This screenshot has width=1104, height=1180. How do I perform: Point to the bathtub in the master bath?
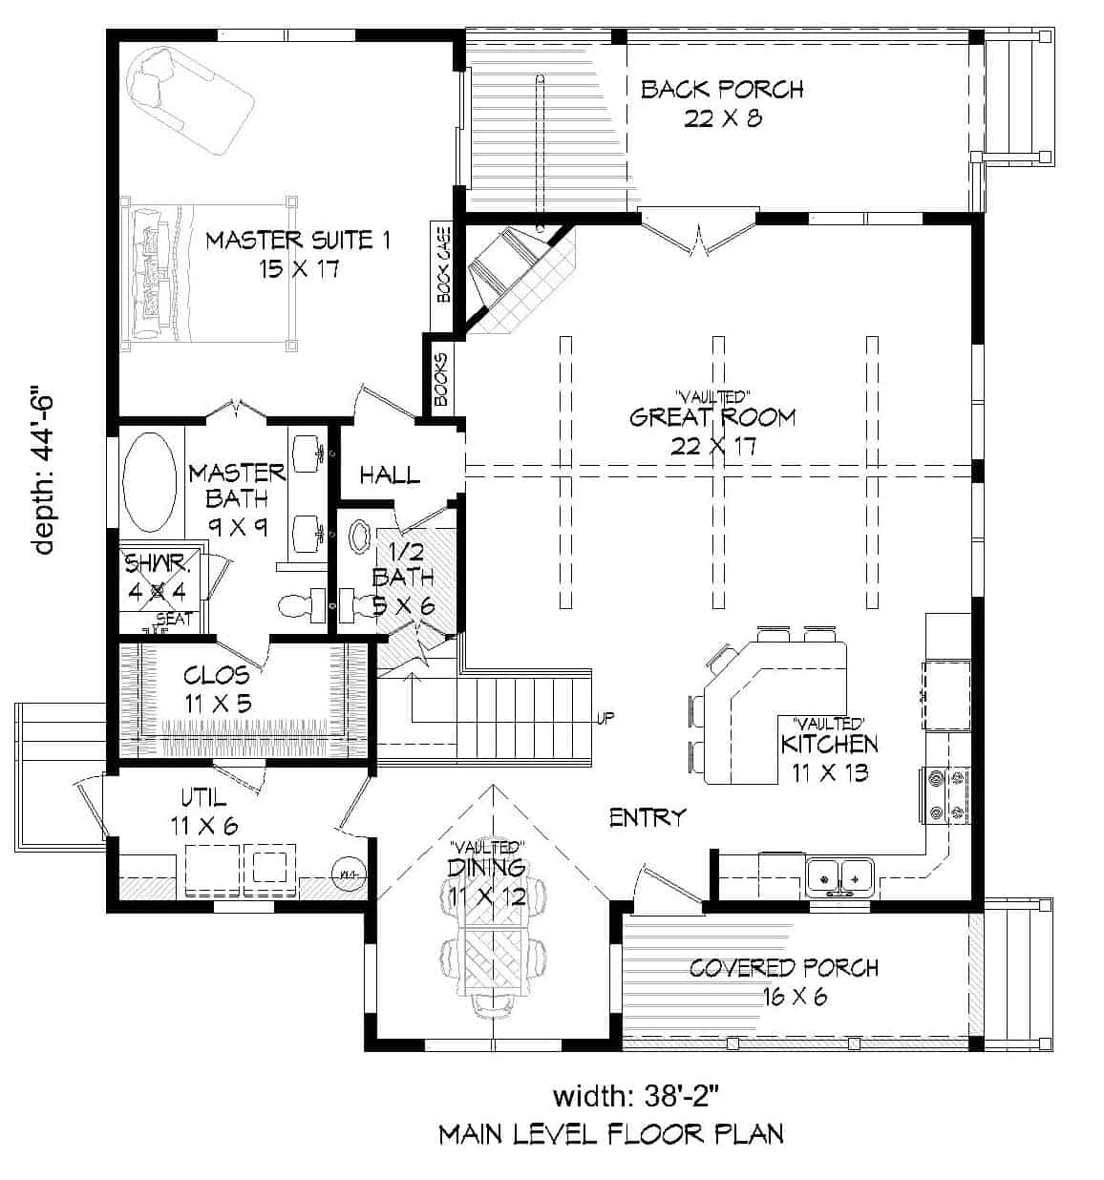(150, 482)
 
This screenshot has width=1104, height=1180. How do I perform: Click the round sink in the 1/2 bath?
(363, 536)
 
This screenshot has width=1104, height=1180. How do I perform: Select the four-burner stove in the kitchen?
(946, 796)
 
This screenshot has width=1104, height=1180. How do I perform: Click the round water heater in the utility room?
(347, 874)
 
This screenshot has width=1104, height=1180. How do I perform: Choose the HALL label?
(389, 474)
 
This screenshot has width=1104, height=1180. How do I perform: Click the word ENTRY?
(648, 817)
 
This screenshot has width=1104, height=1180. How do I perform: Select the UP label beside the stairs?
(605, 718)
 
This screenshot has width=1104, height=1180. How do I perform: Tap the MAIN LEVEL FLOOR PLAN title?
(611, 1134)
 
